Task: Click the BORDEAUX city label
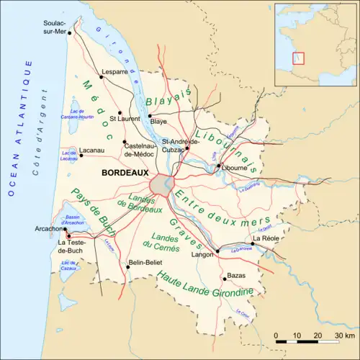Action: point(125,174)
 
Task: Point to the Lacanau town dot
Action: point(81,155)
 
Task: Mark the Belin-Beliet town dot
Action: point(126,262)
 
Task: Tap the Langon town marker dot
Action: point(217,251)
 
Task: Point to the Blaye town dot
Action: point(149,115)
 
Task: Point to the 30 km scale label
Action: point(332,336)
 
